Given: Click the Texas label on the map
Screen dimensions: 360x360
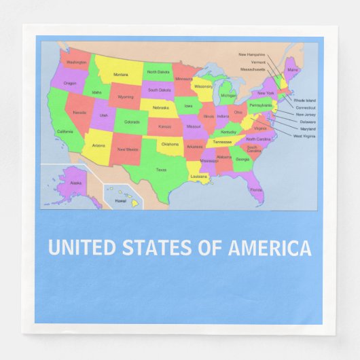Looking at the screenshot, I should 161,170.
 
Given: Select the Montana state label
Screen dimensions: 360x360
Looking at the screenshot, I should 120,74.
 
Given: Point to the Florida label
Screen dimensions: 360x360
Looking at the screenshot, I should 256,190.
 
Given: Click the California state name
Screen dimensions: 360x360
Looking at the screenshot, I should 65,131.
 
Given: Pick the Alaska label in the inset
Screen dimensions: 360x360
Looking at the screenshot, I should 76,183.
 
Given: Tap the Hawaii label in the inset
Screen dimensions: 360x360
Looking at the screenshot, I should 120,201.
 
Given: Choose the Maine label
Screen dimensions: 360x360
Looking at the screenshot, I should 292,69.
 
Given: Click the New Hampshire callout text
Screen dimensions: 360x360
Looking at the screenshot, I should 251,54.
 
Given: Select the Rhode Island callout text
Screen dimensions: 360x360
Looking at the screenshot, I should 304,100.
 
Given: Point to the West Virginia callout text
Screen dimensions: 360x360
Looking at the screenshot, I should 304,136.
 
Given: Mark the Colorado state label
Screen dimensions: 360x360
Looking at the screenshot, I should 132,122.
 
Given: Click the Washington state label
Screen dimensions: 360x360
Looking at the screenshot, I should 77,62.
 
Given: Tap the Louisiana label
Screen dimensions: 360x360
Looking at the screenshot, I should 198,176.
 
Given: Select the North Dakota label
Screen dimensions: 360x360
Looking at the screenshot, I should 158,72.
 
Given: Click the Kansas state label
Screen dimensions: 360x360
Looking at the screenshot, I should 165,126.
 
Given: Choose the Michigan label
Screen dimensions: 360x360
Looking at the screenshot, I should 228,96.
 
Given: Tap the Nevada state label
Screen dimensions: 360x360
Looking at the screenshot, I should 79,113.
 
